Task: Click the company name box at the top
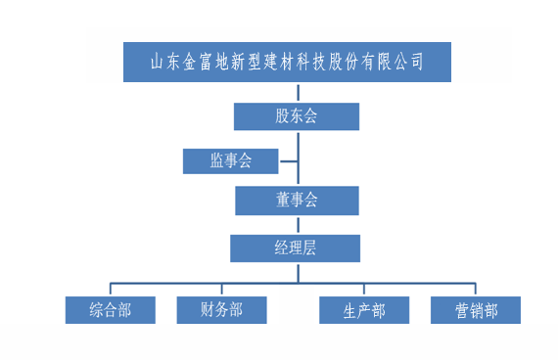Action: click(x=287, y=62)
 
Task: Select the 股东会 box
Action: click(x=297, y=116)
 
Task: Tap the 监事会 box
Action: click(x=231, y=160)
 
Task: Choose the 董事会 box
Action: click(x=297, y=201)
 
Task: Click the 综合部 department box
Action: click(x=110, y=310)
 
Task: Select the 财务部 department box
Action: click(x=221, y=310)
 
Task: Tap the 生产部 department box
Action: click(x=364, y=310)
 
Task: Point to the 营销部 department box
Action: click(x=476, y=310)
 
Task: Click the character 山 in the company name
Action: click(x=158, y=62)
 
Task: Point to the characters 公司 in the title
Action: click(x=406, y=62)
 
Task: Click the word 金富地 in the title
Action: click(x=208, y=62)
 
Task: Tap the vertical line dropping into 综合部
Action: click(x=110, y=291)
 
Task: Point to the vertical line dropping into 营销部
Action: click(x=476, y=291)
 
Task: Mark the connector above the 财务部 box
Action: click(x=221, y=291)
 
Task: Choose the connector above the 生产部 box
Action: click(x=364, y=291)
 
